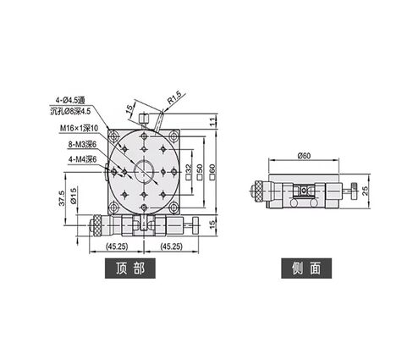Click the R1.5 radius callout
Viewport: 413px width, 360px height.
[176, 102]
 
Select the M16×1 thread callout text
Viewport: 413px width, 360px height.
[79, 128]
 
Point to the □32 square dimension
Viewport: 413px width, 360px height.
[188, 171]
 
